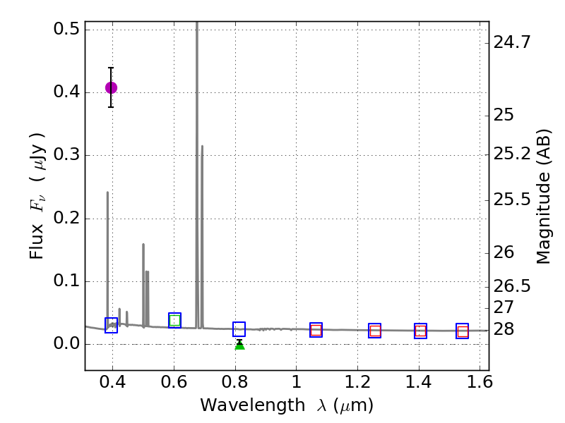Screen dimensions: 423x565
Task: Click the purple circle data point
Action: coord(111,87)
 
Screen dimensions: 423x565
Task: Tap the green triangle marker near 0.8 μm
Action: coord(239,344)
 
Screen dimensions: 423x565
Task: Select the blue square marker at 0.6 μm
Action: coord(174,320)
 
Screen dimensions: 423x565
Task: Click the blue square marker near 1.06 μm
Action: coord(316,330)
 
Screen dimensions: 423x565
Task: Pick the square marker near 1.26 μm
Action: coord(375,331)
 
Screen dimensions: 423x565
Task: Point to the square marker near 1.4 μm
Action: coord(420,331)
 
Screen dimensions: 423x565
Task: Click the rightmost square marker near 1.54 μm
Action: coord(463,331)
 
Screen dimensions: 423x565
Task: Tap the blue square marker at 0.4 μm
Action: coord(111,325)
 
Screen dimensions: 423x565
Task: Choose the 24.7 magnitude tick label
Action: coord(511,42)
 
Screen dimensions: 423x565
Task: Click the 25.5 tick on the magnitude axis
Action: coord(511,200)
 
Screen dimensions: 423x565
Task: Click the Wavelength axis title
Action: coord(286,405)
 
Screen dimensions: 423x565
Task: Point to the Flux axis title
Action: coord(37,195)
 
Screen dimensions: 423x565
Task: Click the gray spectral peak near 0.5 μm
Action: coord(143,247)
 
